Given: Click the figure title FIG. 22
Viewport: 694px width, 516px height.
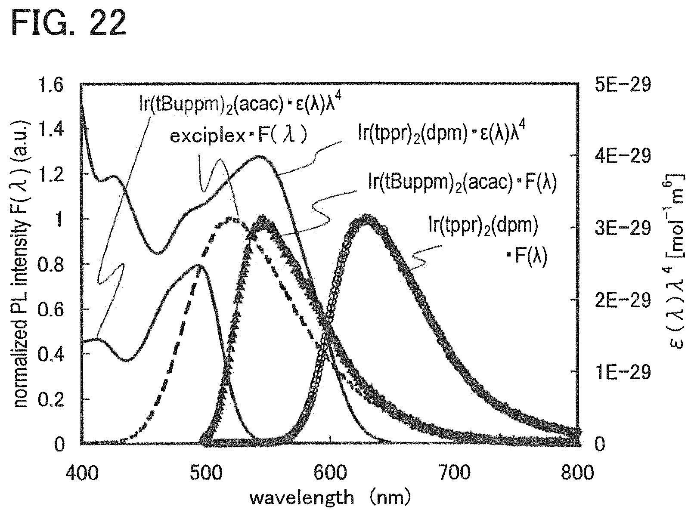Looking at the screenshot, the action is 68,22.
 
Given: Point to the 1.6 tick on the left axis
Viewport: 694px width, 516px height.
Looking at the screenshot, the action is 50,84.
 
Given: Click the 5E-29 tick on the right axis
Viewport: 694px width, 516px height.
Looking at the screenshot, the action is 623,84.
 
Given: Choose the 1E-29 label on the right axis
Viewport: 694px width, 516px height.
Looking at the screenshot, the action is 623,372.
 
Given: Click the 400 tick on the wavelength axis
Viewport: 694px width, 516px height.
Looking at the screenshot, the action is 82,473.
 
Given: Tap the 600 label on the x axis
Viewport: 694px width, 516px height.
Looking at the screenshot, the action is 330,473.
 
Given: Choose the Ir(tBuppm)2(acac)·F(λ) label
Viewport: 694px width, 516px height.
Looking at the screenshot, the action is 462,182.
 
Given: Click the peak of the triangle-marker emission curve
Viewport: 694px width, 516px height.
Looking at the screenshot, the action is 262,217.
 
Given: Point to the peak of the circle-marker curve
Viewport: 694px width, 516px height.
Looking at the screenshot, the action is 367,217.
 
